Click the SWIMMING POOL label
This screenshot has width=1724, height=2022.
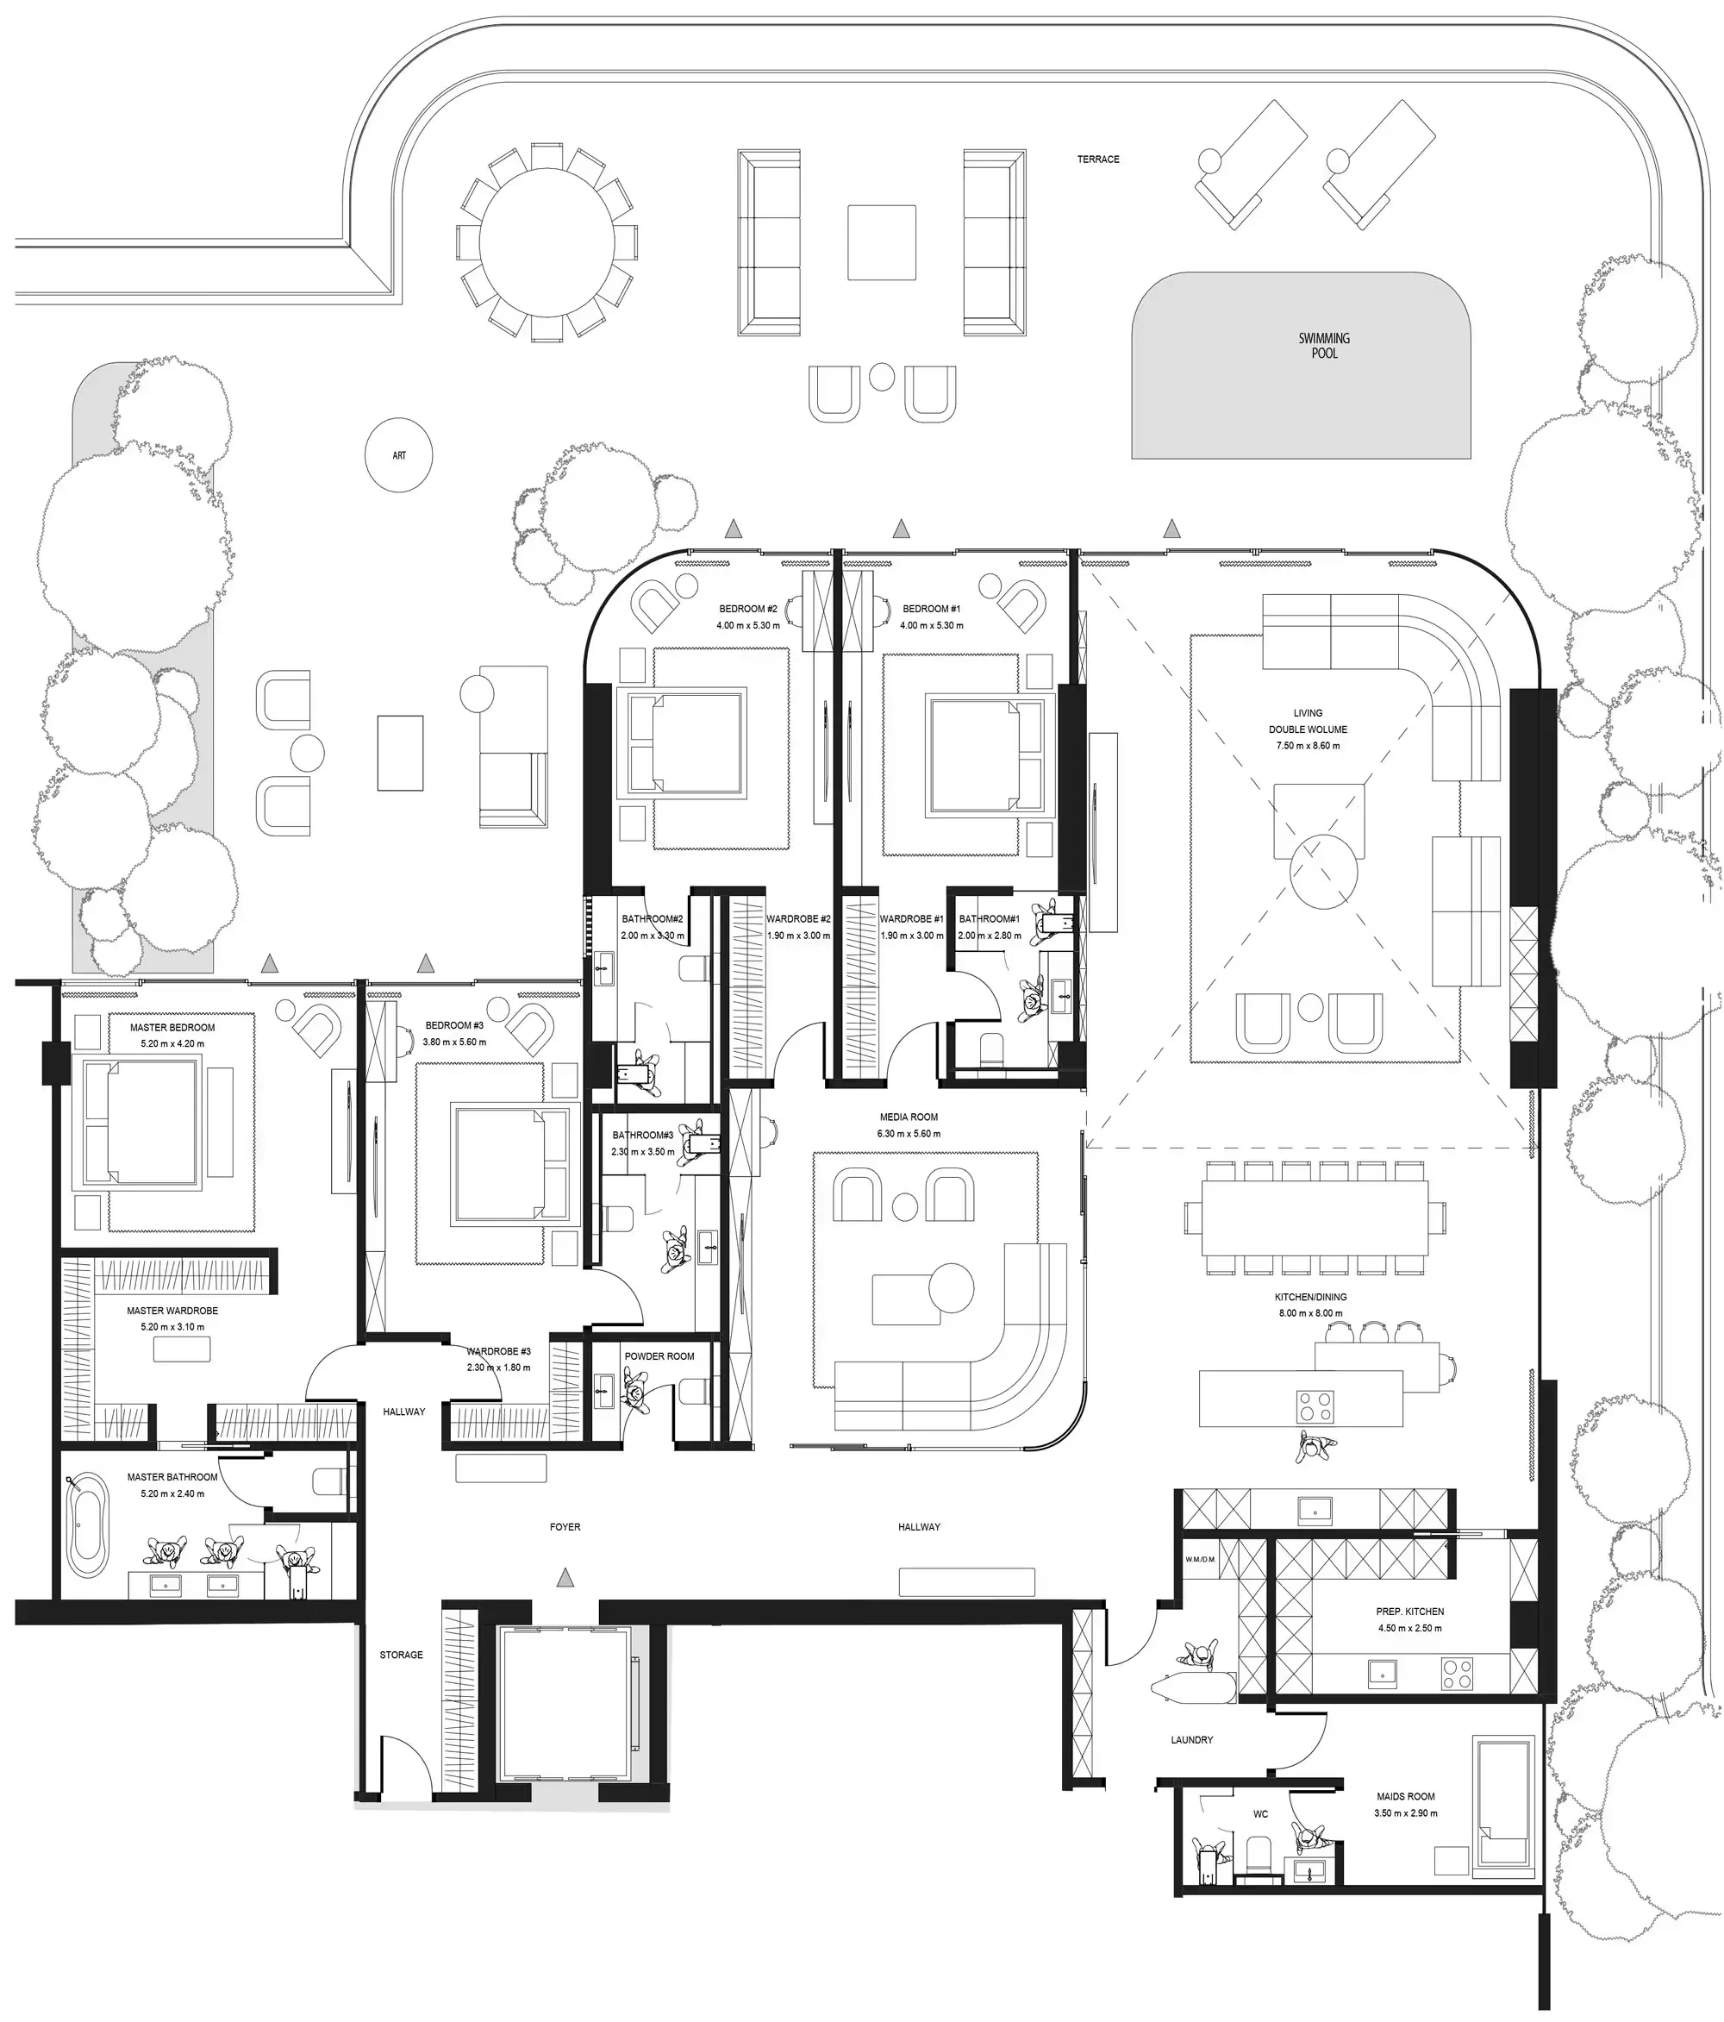point(1324,346)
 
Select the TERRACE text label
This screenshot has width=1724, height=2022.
point(1097,159)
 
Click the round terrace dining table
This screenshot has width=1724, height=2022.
point(547,242)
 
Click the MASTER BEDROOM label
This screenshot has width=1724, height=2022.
point(172,1028)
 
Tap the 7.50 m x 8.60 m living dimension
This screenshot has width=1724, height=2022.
point(1308,746)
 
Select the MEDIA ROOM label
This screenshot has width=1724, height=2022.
point(909,1117)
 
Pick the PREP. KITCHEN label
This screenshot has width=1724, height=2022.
point(1410,1612)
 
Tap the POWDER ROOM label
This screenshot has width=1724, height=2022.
point(659,1356)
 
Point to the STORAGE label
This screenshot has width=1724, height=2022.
point(401,1655)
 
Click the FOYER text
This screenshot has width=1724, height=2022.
point(565,1527)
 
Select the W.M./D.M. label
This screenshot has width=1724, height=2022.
point(1200,1560)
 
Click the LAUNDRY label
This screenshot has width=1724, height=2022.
point(1191,1740)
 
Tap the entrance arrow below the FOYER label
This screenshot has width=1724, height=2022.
point(564,1578)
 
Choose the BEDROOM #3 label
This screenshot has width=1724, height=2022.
point(454,1025)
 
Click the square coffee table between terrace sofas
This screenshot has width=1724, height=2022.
point(881,242)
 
